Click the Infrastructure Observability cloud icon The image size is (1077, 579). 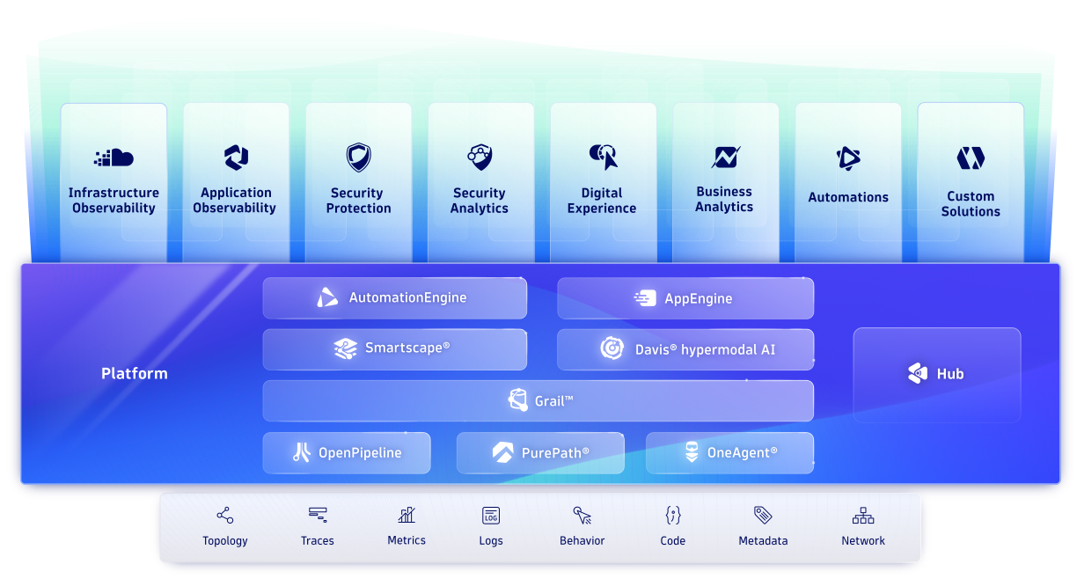pyautogui.click(x=114, y=158)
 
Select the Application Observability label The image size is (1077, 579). pyautogui.click(x=235, y=201)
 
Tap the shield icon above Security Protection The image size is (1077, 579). pyautogui.click(x=358, y=158)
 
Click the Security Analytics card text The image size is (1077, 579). pyautogui.click(x=480, y=201)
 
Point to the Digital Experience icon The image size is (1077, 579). pyautogui.click(x=603, y=157)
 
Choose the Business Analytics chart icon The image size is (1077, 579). pyautogui.click(x=725, y=158)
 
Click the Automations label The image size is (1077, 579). pyautogui.click(x=848, y=198)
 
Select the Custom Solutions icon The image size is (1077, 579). pyautogui.click(x=971, y=158)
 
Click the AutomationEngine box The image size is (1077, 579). pyautogui.click(x=394, y=298)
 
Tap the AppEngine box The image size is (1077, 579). pyautogui.click(x=685, y=298)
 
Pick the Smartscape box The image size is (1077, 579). pyautogui.click(x=394, y=349)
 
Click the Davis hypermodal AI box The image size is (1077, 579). pyautogui.click(x=685, y=349)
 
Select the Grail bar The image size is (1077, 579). pyautogui.click(x=538, y=401)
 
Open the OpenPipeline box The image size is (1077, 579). pyautogui.click(x=347, y=453)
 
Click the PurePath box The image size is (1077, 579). pyautogui.click(x=540, y=453)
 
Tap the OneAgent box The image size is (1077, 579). pyautogui.click(x=729, y=453)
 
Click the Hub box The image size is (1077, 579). pyautogui.click(x=937, y=374)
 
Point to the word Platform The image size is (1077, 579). pyautogui.click(x=134, y=374)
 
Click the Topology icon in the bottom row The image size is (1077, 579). pyautogui.click(x=225, y=516)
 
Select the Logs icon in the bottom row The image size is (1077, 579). pyautogui.click(x=491, y=516)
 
